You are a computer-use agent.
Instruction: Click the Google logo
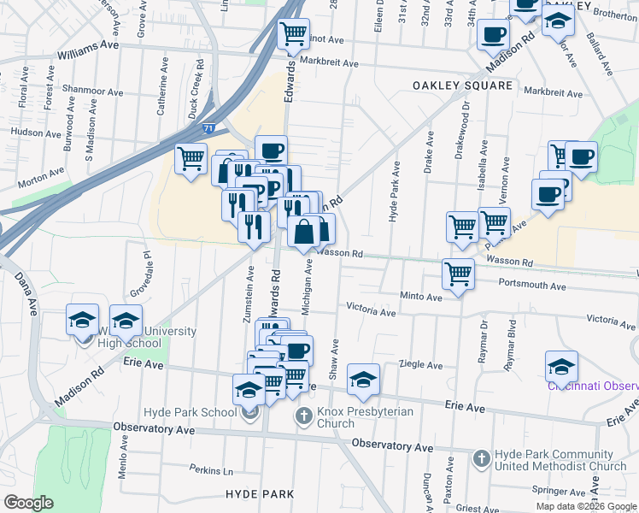point(29,503)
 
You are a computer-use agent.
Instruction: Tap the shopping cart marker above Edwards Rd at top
point(294,34)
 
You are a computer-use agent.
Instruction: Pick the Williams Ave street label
point(87,55)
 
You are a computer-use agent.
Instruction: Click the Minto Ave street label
point(421,297)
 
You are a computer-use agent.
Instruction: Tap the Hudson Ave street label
point(34,133)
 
